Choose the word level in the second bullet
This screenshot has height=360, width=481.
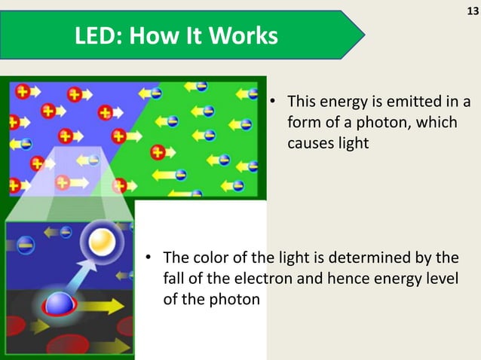point(440,280)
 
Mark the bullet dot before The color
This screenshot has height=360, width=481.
point(149,261)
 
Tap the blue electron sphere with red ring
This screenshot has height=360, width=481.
point(59,304)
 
